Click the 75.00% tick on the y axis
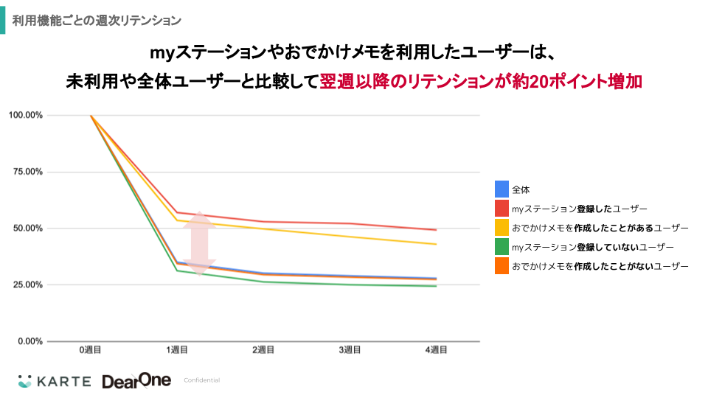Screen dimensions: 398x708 (27, 172)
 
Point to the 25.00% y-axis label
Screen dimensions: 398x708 (27, 284)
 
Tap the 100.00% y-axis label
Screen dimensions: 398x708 (26, 115)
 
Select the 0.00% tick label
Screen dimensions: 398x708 (29, 341)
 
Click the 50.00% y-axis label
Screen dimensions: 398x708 (27, 228)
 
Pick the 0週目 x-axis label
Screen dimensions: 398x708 (91, 350)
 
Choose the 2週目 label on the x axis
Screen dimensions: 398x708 (263, 350)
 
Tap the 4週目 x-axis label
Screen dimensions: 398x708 (436, 350)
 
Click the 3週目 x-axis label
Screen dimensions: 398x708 (350, 350)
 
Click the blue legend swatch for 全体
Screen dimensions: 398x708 (502, 189)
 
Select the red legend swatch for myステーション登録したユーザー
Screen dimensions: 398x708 (502, 209)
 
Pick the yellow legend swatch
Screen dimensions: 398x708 (502, 228)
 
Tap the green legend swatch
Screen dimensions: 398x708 (502, 247)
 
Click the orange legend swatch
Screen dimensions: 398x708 (502, 266)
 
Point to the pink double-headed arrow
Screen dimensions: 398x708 (200, 244)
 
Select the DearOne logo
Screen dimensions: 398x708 (136, 380)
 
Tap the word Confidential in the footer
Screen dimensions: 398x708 (201, 380)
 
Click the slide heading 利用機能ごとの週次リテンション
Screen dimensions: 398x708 (97, 18)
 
